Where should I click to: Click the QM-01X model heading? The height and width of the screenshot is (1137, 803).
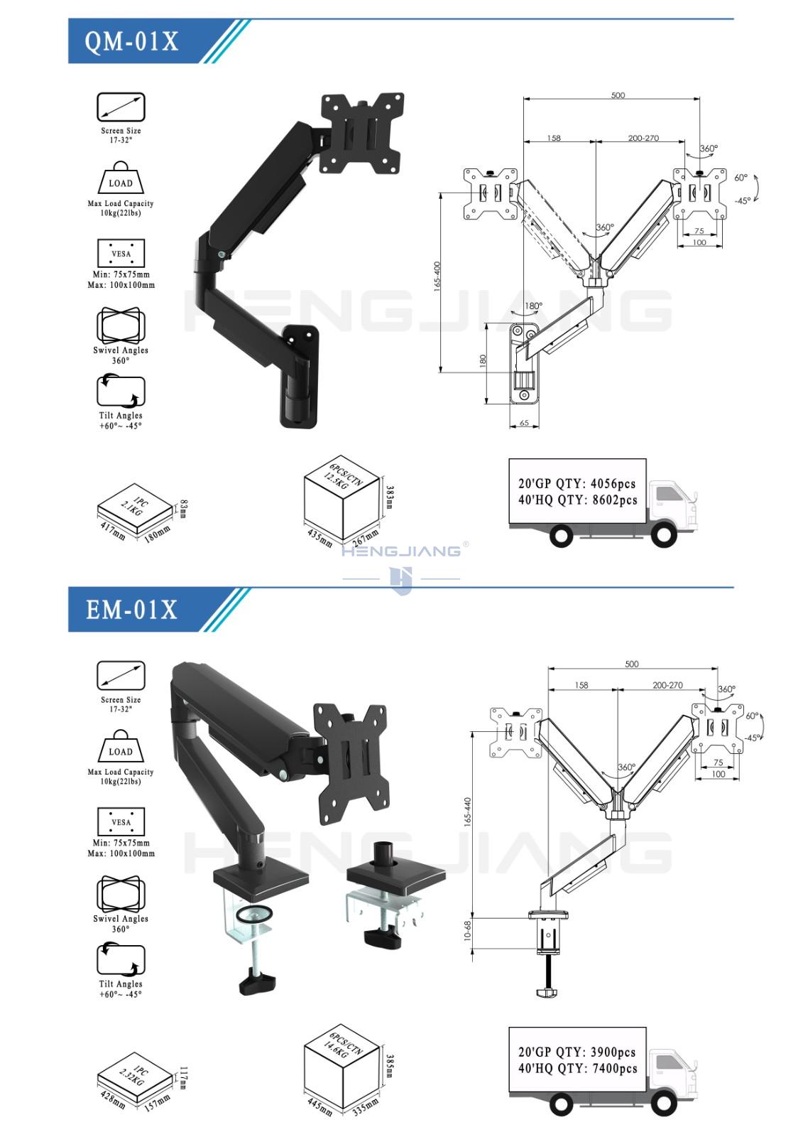tap(131, 41)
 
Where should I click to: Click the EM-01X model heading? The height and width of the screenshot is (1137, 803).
tap(131, 610)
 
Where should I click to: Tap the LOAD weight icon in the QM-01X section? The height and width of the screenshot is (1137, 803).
tap(121, 178)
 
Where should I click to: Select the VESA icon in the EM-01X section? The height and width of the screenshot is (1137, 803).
tap(121, 821)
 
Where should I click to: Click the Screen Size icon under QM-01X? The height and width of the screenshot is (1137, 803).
tap(121, 107)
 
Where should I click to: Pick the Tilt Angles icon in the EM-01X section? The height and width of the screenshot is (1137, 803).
tap(121, 959)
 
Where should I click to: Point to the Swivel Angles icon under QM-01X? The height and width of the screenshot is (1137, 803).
tap(121, 325)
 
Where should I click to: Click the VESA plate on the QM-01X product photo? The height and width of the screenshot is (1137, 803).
tap(362, 133)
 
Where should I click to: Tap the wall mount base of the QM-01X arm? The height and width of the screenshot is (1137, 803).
tap(300, 377)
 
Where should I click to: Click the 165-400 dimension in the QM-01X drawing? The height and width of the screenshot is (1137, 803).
tap(437, 276)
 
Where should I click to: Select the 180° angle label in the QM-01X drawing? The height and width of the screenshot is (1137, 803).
tap(533, 306)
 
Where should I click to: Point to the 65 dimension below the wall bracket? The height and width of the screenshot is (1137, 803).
tap(525, 422)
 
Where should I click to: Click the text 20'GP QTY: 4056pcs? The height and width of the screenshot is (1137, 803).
tap(577, 483)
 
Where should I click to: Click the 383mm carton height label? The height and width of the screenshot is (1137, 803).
tap(390, 497)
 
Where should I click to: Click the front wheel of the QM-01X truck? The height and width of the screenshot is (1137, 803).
tap(664, 534)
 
